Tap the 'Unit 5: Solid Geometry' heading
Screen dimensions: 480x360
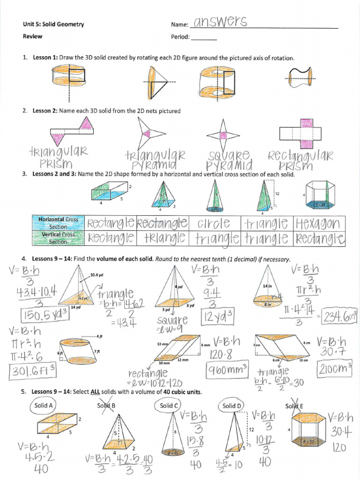(53, 24)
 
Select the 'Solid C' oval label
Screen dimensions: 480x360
(169, 405)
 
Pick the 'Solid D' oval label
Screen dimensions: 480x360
(232, 405)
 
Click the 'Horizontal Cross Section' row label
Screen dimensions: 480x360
(58, 223)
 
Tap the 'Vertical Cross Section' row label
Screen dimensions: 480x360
(58, 238)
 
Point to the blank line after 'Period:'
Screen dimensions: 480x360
(204, 38)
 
